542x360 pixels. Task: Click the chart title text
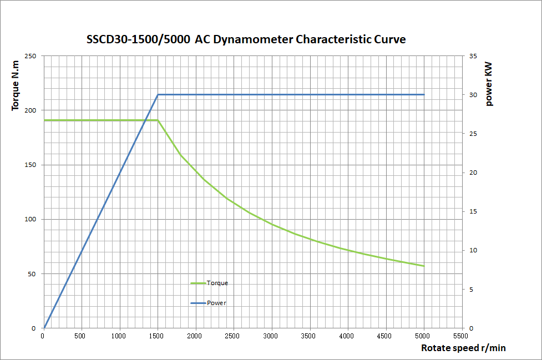pyautogui.click(x=246, y=40)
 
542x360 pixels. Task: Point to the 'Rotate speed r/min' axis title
pyautogui.click(x=463, y=348)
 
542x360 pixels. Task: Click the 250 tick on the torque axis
pyautogui.click(x=31, y=56)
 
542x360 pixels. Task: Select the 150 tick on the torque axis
pyautogui.click(x=31, y=165)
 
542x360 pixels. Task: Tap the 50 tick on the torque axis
pyautogui.click(x=32, y=274)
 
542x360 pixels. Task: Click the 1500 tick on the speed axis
pyautogui.click(x=158, y=336)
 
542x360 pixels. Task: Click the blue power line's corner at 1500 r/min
pyautogui.click(x=158, y=95)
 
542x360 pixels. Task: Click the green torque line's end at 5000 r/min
pyautogui.click(x=424, y=266)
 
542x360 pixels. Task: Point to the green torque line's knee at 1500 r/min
pyautogui.click(x=158, y=120)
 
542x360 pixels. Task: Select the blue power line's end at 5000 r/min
pyautogui.click(x=424, y=95)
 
